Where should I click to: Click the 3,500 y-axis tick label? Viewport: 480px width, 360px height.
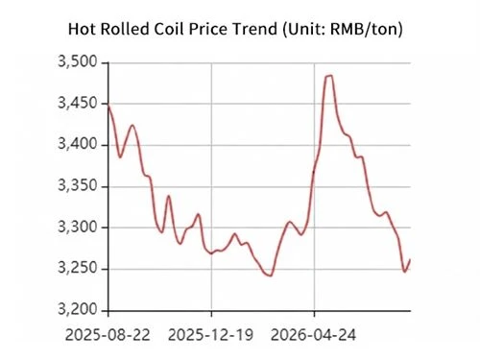click(x=77, y=61)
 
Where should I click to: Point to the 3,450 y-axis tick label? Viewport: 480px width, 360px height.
click(x=77, y=104)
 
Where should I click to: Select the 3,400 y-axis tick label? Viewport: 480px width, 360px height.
click(x=77, y=145)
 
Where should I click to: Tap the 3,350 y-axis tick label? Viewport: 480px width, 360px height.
click(x=77, y=186)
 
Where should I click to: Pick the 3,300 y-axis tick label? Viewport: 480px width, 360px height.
click(x=77, y=228)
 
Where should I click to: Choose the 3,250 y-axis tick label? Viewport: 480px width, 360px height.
click(x=77, y=269)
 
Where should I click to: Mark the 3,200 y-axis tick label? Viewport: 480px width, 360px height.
click(x=77, y=310)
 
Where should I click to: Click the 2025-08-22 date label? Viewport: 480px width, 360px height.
click(x=108, y=335)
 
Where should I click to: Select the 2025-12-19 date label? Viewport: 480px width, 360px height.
click(x=210, y=335)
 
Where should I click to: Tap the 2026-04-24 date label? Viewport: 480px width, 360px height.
click(x=313, y=335)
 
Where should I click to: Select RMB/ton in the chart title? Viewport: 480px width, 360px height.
click(x=364, y=30)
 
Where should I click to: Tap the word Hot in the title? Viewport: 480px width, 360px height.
click(x=83, y=29)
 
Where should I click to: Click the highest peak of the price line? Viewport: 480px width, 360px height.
click(x=329, y=76)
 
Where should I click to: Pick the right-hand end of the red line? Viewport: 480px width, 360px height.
click(x=410, y=259)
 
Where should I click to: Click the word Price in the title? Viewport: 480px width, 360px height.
click(x=207, y=29)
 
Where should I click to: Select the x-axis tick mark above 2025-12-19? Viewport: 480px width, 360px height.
click(x=211, y=314)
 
